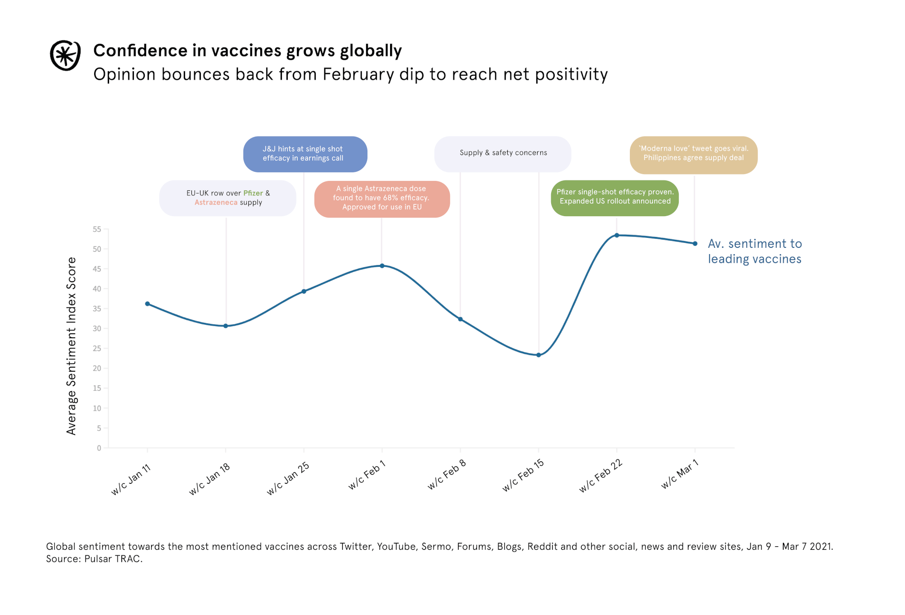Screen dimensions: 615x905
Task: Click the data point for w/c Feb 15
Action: coord(538,355)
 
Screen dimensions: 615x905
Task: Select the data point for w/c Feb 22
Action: coord(617,235)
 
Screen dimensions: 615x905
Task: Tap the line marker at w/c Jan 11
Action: coord(148,304)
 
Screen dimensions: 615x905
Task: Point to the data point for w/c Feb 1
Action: coord(382,266)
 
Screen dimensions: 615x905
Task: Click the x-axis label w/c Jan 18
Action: coord(210,479)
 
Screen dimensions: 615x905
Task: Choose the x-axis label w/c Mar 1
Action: coord(680,474)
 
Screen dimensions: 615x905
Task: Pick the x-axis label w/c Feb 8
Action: coord(447,475)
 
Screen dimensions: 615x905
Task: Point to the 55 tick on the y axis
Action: coord(97,229)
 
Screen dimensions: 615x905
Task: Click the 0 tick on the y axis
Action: coord(99,448)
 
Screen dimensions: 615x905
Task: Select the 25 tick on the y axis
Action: coord(97,349)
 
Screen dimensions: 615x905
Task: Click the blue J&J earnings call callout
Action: coord(305,154)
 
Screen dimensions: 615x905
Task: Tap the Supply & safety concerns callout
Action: coord(503,153)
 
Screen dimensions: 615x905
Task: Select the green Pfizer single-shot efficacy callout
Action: coord(614,197)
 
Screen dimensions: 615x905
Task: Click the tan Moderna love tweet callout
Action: coord(693,154)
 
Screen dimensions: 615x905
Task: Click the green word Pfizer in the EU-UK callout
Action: coord(253,193)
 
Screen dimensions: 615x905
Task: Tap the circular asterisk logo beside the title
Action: coord(65,55)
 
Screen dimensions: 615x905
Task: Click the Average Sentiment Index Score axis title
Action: coord(71,346)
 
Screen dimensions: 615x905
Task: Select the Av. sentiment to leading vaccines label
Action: coord(754,251)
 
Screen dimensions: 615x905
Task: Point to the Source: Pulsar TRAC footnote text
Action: coord(94,559)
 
